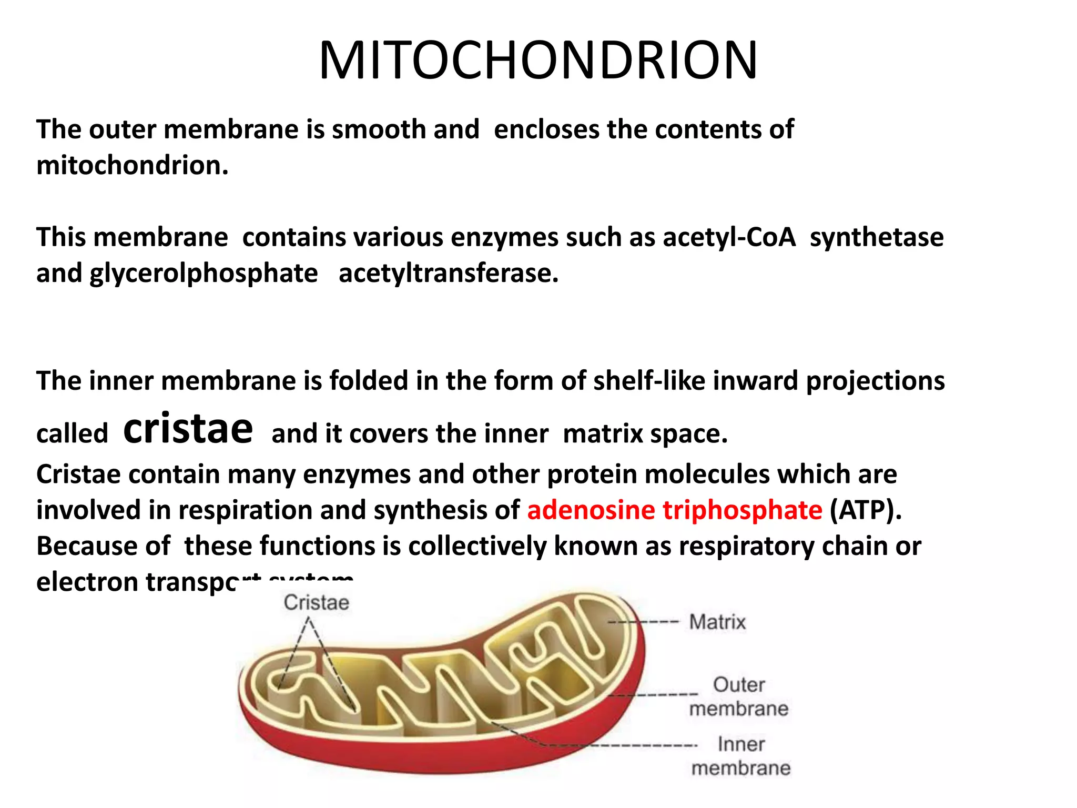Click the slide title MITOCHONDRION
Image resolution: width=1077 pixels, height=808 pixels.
coord(538,60)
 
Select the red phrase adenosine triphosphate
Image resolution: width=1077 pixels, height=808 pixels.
coord(675,510)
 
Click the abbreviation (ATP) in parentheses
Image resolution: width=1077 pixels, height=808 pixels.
coord(866,510)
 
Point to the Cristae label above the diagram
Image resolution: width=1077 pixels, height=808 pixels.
coord(317,603)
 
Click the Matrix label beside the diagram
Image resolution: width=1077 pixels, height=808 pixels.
coord(717,622)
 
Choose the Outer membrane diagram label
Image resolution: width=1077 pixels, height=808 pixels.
coord(739,696)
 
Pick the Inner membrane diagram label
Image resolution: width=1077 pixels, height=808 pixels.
coord(741,756)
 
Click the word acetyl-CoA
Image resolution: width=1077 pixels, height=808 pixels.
coord(729,237)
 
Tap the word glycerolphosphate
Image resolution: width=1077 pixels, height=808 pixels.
coord(204,274)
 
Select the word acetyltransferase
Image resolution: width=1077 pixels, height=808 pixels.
coord(448,274)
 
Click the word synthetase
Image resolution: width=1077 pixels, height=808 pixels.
coord(877,237)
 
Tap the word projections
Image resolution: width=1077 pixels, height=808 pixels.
coord(875,381)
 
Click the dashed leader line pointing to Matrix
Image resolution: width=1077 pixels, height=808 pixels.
coord(644,622)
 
